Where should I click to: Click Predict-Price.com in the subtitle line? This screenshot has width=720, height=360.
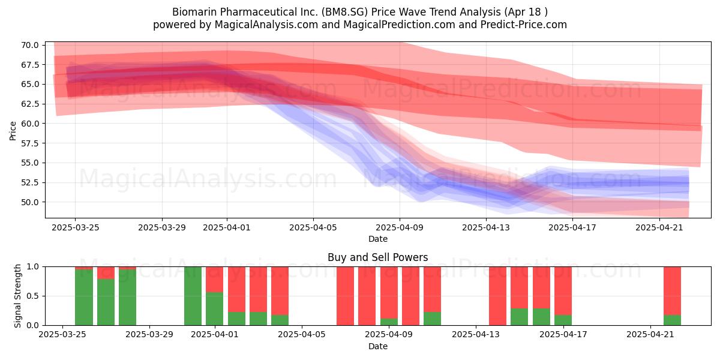pyautogui.click(x=524, y=25)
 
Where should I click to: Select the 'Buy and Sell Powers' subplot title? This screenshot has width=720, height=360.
pyautogui.click(x=377, y=257)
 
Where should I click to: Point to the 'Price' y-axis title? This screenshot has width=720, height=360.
pyautogui.click(x=13, y=131)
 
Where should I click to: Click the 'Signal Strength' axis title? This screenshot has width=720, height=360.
pyautogui.click(x=17, y=296)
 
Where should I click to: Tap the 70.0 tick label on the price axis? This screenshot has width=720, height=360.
pyautogui.click(x=29, y=45)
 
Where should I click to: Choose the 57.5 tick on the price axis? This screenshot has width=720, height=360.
pyautogui.click(x=29, y=143)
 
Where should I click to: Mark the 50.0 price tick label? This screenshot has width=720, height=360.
pyautogui.click(x=29, y=203)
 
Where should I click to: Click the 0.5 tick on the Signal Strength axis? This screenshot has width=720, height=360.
pyautogui.click(x=33, y=296)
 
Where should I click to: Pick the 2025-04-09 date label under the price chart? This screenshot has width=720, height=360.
pyautogui.click(x=400, y=228)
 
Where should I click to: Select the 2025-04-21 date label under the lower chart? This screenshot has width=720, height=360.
pyautogui.click(x=650, y=335)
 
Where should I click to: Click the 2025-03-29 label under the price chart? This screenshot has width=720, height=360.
pyautogui.click(x=162, y=228)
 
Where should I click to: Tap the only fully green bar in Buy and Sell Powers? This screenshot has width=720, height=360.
pyautogui.click(x=193, y=296)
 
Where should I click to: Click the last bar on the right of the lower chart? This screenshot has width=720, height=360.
pyautogui.click(x=673, y=296)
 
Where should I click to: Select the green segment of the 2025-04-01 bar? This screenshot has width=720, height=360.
pyautogui.click(x=215, y=308)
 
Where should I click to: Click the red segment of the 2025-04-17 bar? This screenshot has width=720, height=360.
pyautogui.click(x=563, y=291)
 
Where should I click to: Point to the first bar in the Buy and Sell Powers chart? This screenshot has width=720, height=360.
pyautogui.click(x=84, y=296)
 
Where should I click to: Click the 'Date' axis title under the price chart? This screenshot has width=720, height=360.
pyautogui.click(x=377, y=239)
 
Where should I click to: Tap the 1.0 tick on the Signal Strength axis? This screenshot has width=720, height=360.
pyautogui.click(x=33, y=266)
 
